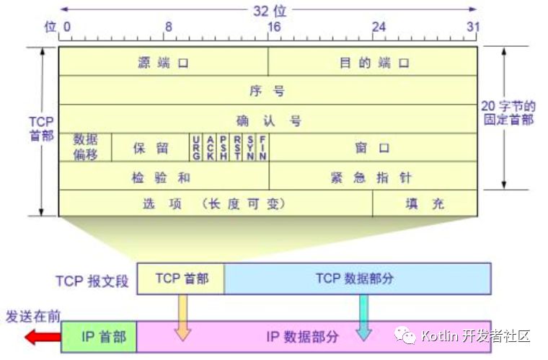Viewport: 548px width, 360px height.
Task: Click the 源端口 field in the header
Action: (x=163, y=62)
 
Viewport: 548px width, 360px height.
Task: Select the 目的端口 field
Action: (x=374, y=62)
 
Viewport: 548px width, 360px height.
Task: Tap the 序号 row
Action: (x=267, y=91)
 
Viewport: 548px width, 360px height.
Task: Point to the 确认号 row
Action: (x=267, y=120)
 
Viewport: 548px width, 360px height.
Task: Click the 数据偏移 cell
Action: (x=85, y=147)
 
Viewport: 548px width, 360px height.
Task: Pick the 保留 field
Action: (x=151, y=148)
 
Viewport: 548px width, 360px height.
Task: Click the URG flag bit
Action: (x=196, y=147)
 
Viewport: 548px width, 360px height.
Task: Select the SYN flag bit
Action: (x=249, y=147)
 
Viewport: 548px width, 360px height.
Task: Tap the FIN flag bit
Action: (x=263, y=147)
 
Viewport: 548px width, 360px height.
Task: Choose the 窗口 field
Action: (x=372, y=148)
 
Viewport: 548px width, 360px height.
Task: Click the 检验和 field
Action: (x=163, y=176)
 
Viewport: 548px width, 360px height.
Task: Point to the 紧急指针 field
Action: (x=374, y=176)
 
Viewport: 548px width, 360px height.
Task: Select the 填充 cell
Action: (x=425, y=203)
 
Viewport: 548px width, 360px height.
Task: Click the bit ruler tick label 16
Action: (x=274, y=27)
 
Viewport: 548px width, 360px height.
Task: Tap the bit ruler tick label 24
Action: (x=379, y=27)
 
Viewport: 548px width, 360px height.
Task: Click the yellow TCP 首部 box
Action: (x=181, y=278)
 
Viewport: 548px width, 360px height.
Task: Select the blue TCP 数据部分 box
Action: (x=357, y=278)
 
